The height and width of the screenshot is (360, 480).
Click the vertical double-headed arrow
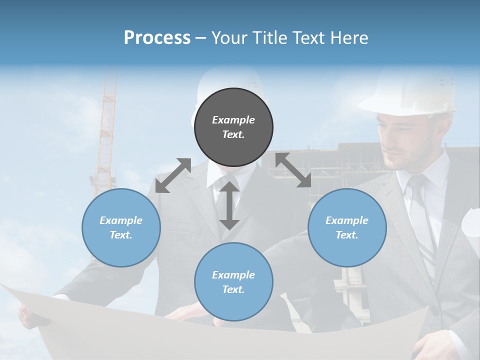tap(229, 205)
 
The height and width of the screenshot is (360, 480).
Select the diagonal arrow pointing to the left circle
tap(173, 175)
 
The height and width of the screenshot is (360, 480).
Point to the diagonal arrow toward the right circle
tap(293, 170)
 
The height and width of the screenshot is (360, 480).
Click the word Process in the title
tap(157, 37)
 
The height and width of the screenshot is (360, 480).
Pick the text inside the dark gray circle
tap(233, 127)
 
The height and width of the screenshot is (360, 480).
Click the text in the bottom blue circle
tap(233, 282)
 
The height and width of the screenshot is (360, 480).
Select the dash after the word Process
tap(201, 38)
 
